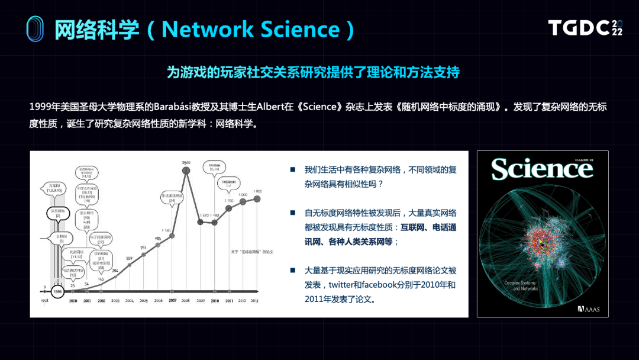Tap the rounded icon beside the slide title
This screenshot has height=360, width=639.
pyautogui.click(x=35, y=28)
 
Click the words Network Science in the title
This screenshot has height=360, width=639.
pyautogui.click(x=251, y=29)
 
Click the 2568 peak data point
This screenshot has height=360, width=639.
pyautogui.click(x=186, y=171)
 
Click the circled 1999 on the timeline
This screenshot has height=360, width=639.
pyautogui.click(x=57, y=291)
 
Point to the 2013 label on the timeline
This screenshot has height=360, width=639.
pyautogui.click(x=255, y=300)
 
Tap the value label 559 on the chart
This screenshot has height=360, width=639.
pyautogui.click(x=130, y=258)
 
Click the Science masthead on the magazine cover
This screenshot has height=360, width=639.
pyautogui.click(x=542, y=169)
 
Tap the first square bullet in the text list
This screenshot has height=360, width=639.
pyautogui.click(x=292, y=169)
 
